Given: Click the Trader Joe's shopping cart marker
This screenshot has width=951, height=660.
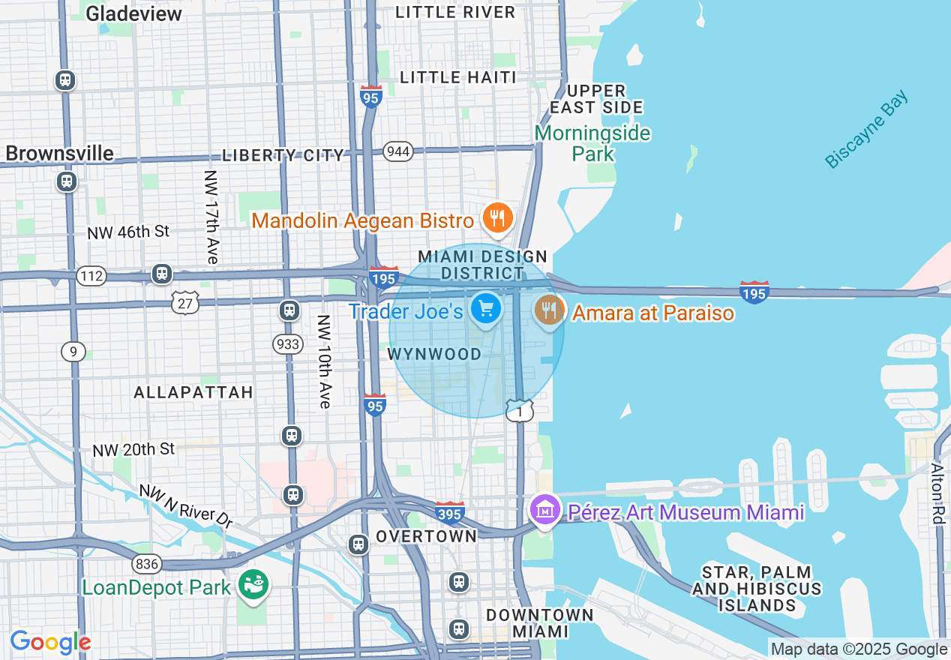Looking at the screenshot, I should coord(486,307).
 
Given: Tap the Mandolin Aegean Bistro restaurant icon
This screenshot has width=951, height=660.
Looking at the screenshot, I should coord(496,218).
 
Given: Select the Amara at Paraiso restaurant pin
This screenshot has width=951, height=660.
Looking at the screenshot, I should coord(550,310).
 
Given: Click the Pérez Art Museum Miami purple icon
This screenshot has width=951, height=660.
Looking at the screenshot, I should coord(545,511).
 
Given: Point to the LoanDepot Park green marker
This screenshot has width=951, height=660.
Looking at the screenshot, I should coord(253,585).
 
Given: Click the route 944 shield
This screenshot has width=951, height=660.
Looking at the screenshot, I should coord(397,152).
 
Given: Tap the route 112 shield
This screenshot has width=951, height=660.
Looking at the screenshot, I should coord(91,276).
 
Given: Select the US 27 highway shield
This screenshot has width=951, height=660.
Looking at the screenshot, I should coord(184,302).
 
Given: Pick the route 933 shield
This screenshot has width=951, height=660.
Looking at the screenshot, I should coord(288,344).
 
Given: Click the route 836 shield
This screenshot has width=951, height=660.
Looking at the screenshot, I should coord(146,562).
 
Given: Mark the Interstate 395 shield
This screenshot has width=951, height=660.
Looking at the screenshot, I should coord(450,512).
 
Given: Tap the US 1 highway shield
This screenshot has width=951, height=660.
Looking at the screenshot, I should coord(519,410).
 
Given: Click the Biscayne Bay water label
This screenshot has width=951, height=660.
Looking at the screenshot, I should coord(866,130).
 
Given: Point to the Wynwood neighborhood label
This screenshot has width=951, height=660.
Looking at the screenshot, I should coord(434,354).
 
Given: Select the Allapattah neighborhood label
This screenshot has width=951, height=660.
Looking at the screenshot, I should coord(193,392).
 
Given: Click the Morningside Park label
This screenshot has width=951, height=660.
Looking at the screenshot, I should coord(592,143).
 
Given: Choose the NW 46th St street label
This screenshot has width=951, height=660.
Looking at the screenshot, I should coord(128,232).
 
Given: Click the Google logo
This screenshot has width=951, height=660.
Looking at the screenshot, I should coord(50,643).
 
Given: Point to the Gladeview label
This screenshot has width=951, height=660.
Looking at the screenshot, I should coord(133,13).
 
